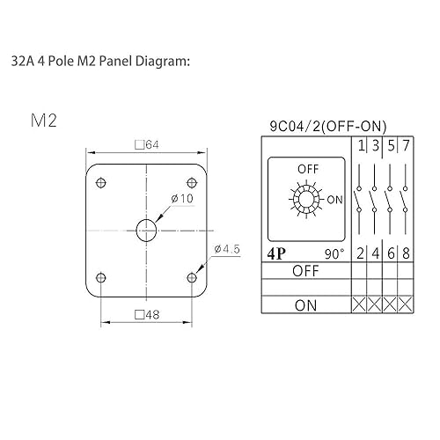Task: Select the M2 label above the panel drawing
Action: (43, 120)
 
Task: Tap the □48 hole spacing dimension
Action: (145, 314)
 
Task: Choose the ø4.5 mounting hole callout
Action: (228, 250)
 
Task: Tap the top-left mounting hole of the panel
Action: (100, 182)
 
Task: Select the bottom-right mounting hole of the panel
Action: (192, 277)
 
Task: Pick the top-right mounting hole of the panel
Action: (192, 182)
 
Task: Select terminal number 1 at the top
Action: (361, 145)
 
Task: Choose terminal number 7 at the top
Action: (406, 145)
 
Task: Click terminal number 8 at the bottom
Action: (406, 254)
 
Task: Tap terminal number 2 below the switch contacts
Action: (361, 254)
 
